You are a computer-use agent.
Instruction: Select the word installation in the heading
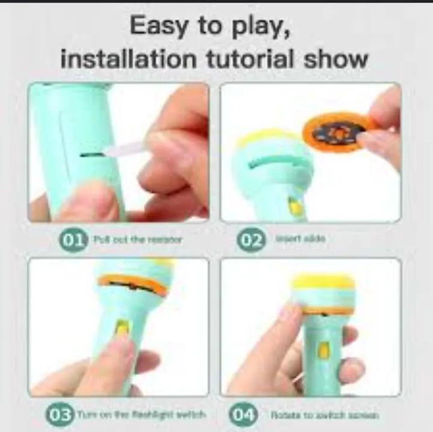click(128, 58)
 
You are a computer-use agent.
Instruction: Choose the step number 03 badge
click(60, 415)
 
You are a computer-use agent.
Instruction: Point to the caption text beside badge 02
click(300, 239)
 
